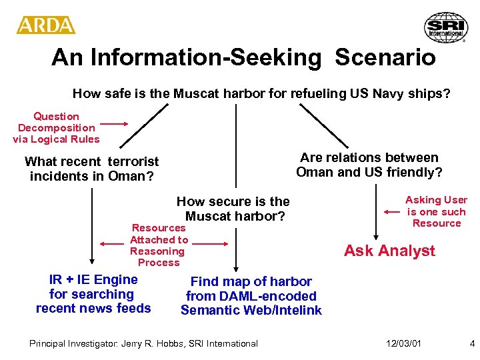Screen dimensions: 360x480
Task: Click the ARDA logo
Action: (45, 25)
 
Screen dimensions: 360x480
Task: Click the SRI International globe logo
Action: (446, 27)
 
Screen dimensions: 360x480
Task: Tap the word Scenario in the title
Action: (385, 57)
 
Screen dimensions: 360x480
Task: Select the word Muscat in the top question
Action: (195, 93)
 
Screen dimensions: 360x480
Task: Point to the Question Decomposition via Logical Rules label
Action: (56, 128)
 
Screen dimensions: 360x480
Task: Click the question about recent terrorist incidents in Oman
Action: (92, 169)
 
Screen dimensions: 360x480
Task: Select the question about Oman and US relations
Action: (369, 165)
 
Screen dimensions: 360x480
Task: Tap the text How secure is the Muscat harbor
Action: (233, 209)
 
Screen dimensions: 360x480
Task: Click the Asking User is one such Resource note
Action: (437, 211)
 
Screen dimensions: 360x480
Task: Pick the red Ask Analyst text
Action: (389, 251)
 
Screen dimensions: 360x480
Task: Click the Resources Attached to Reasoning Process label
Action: (159, 245)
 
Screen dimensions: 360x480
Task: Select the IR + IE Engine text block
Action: (93, 294)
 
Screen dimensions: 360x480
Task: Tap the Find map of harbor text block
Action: (251, 296)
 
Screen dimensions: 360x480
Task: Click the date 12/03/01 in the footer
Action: (403, 343)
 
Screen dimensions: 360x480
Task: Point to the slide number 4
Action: (472, 343)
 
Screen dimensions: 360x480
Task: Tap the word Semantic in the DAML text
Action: (207, 310)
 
